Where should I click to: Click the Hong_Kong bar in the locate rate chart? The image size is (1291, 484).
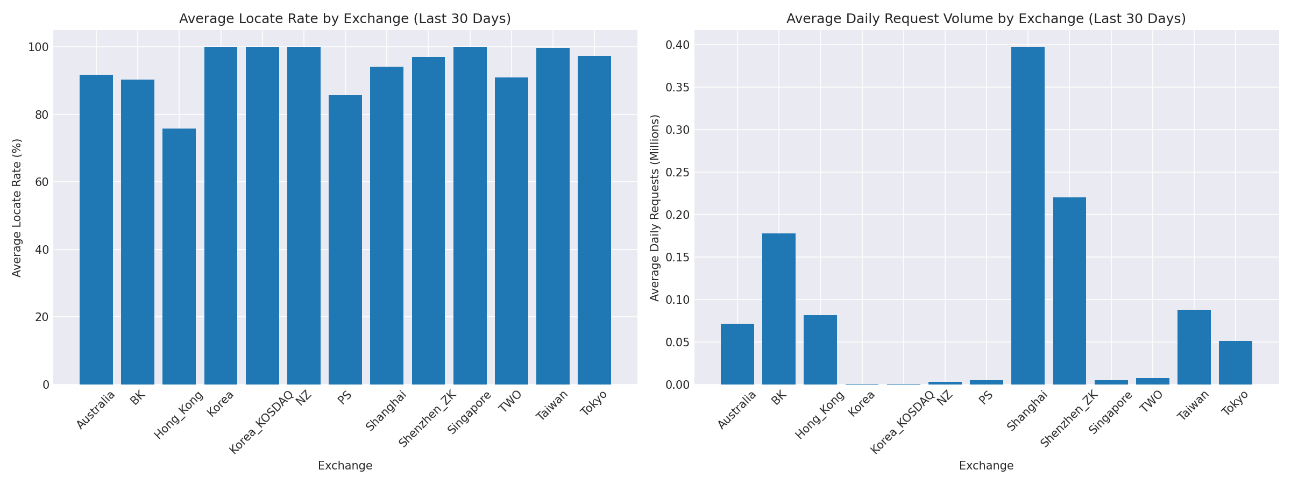click(179, 257)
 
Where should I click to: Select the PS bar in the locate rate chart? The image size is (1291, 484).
click(345, 240)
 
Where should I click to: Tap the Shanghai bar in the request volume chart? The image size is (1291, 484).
click(1028, 216)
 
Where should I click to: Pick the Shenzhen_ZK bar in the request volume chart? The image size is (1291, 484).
click(1069, 291)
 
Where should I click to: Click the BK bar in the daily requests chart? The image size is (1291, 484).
click(779, 309)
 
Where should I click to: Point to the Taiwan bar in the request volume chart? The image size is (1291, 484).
click(1194, 347)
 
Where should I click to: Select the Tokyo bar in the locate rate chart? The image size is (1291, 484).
click(594, 220)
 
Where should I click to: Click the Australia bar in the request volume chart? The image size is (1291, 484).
click(737, 354)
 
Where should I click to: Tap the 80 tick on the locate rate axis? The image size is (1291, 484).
click(42, 115)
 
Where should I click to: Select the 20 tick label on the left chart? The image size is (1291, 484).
click(42, 317)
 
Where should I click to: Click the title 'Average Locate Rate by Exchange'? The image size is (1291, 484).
click(345, 19)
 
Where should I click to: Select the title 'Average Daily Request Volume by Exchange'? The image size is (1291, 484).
click(986, 19)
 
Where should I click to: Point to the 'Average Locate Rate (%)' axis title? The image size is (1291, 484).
click(17, 208)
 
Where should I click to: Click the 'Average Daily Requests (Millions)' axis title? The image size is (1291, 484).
click(655, 208)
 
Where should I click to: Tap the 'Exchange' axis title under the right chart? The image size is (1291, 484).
click(986, 466)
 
